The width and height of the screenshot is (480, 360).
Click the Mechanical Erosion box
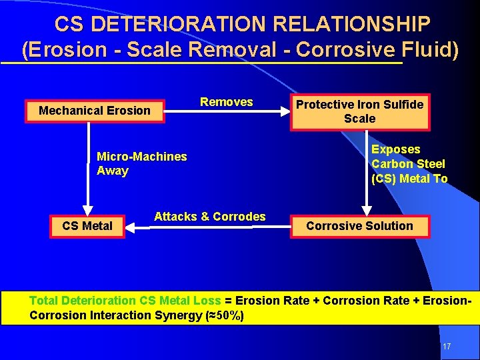click(x=95, y=111)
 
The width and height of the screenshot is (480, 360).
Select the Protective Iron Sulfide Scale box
click(x=359, y=111)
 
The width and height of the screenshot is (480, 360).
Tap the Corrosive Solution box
click(x=359, y=226)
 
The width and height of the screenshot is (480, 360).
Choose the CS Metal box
click(x=87, y=226)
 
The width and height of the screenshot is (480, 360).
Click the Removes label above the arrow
click(x=227, y=102)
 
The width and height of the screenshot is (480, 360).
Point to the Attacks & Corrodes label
click(x=209, y=217)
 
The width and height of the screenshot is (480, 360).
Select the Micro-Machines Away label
click(x=141, y=163)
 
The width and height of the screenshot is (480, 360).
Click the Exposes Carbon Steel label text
click(x=409, y=164)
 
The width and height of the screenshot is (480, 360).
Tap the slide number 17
click(x=447, y=347)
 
